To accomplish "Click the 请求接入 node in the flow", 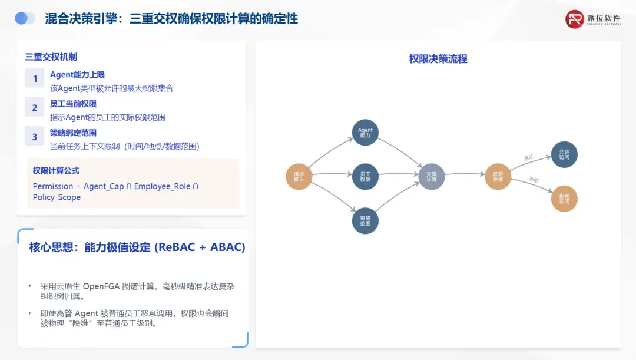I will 299,176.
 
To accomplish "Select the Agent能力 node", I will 365,133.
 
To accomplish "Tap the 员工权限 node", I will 365,176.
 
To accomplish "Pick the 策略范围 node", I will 365,220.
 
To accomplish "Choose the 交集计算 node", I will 432,176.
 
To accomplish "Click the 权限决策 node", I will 498,176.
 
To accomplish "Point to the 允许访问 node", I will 564,154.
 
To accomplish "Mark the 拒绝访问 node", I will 564,199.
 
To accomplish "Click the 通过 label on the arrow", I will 528,158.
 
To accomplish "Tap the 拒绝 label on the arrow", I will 534,179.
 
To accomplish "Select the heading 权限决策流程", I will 438,59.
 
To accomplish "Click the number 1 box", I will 35,79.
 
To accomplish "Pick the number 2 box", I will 35,107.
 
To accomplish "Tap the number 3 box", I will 35,137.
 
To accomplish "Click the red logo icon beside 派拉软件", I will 574,19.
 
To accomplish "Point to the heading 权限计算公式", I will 56,171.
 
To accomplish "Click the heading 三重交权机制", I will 51,57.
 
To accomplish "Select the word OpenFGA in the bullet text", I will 101,286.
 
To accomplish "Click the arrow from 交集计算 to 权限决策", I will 465,174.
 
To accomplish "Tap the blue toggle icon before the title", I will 25,18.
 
